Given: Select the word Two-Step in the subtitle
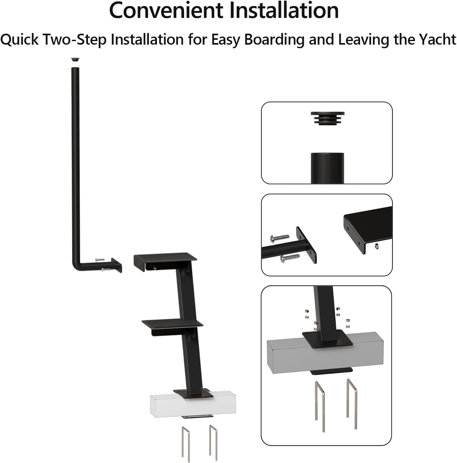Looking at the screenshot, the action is tap(75, 40).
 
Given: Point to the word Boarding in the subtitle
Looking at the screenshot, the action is tap(274, 40).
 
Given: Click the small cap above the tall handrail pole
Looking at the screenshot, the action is tap(75, 60).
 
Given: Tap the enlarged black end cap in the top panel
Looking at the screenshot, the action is tap(327, 118).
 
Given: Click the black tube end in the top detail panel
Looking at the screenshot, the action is tap(327, 168).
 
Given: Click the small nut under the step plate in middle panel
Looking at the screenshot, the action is tap(377, 246).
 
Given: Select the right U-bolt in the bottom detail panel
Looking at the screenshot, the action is tap(352, 404).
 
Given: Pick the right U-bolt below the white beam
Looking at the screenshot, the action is tap(213, 442).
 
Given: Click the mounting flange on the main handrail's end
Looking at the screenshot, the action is tap(117, 265).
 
